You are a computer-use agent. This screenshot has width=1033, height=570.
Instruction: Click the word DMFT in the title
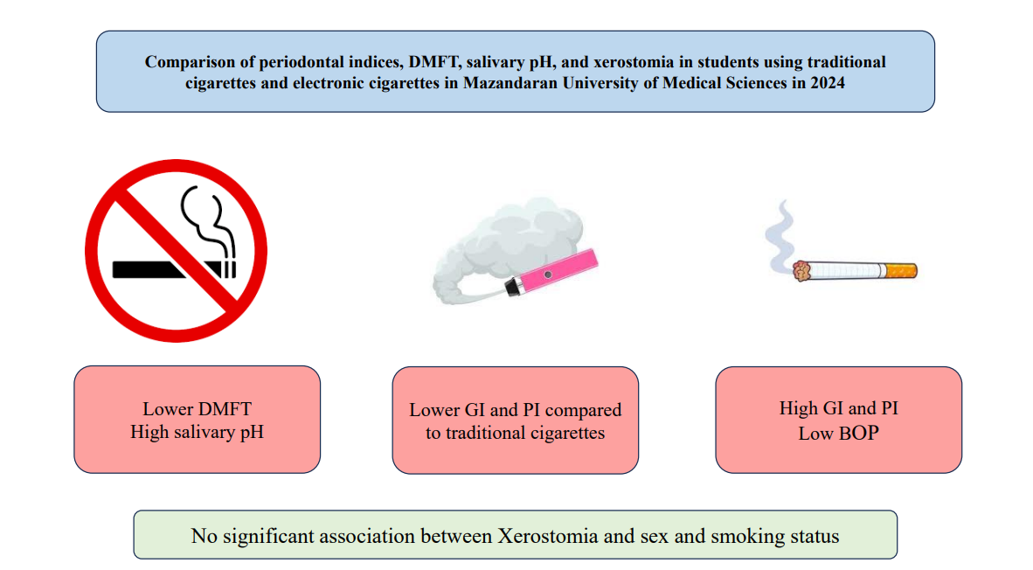pyautogui.click(x=433, y=62)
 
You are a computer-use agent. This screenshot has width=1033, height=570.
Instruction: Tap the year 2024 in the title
pyautogui.click(x=828, y=83)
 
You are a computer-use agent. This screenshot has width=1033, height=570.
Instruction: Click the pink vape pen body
pyautogui.click(x=558, y=271)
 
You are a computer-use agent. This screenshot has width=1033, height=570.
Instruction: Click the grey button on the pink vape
pyautogui.click(x=547, y=275)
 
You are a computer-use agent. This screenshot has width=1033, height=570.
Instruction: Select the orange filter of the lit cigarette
pyautogui.click(x=900, y=270)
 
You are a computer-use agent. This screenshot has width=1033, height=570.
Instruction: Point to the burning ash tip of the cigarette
pyautogui.click(x=801, y=271)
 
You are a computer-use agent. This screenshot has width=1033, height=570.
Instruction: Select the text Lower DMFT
pyautogui.click(x=197, y=409)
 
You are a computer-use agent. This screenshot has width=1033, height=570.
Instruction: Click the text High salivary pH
pyautogui.click(x=197, y=432)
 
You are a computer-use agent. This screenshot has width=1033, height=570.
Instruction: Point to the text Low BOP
pyautogui.click(x=839, y=433)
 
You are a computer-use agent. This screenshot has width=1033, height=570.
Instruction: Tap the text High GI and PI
pyautogui.click(x=839, y=408)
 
